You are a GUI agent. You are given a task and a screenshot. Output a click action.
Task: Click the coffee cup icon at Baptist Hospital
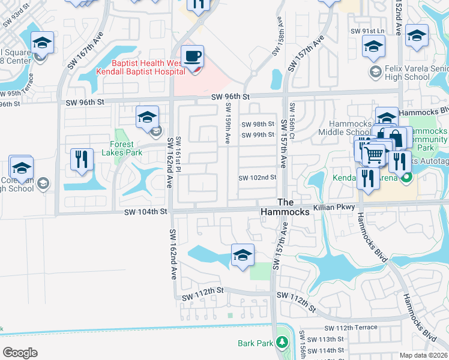click(x=192, y=56)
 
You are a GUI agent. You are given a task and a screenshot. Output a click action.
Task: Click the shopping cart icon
click(x=374, y=155)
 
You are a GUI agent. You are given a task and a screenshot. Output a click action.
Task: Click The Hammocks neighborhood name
click(x=285, y=208)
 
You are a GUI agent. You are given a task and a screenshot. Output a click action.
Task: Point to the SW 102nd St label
click(x=258, y=178)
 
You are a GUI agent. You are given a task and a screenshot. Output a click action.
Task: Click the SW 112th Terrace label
click(x=351, y=328)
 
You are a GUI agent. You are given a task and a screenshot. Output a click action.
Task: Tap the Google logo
click(x=20, y=352)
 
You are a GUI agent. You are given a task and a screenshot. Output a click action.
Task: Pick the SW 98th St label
click(x=258, y=124)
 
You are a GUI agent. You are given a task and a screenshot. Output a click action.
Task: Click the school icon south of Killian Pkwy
click(x=243, y=255)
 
